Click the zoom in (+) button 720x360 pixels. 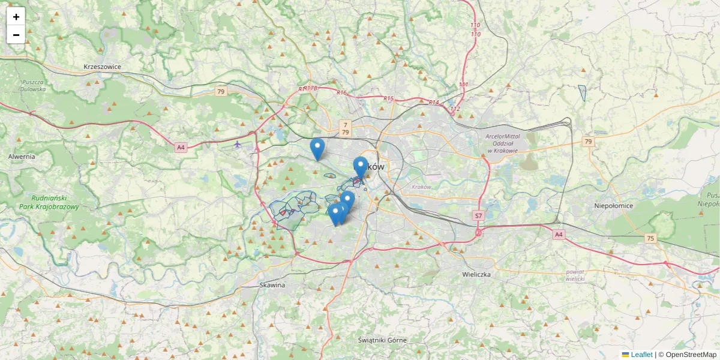click(16, 17)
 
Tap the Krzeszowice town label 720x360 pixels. click(103, 67)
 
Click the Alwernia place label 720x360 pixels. click(22, 156)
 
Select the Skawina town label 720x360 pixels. click(272, 285)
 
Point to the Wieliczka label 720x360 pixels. click(477, 274)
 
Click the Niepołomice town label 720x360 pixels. click(613, 206)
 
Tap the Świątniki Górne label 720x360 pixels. click(382, 340)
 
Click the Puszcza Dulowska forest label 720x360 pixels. click(33, 85)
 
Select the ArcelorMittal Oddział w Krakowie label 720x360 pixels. click(502, 143)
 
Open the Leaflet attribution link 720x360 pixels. click(641, 355)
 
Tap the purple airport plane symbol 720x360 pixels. click(238, 144)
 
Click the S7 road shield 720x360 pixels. click(478, 215)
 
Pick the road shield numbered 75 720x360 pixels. click(650, 238)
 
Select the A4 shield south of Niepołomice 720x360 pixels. click(559, 234)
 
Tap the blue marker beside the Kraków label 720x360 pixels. click(360, 167)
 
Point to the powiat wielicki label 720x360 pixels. click(575, 275)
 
